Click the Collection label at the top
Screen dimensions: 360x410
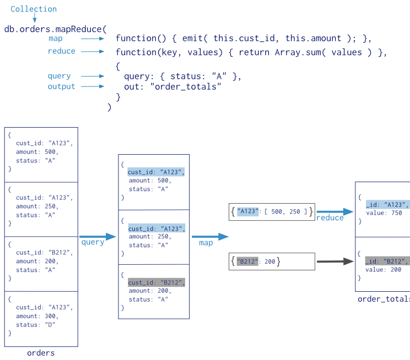point(34,9)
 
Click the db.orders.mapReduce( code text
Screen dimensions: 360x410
point(55,29)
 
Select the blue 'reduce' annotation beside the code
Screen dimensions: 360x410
point(61,51)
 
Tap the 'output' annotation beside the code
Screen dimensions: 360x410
point(61,86)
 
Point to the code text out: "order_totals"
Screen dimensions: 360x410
point(172,87)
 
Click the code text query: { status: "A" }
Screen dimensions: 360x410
point(183,77)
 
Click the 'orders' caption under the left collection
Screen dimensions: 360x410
point(41,353)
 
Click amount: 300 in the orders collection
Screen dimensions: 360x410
point(37,317)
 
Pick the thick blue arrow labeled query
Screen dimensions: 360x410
point(98,237)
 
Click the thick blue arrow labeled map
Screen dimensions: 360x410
point(210,237)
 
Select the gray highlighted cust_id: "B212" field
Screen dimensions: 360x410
point(157,282)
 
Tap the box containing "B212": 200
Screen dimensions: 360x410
point(272,261)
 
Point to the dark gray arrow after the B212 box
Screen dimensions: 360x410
point(335,261)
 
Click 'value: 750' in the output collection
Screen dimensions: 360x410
point(384,213)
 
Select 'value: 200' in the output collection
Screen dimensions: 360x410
point(384,270)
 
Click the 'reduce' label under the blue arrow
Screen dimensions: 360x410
point(330,218)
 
